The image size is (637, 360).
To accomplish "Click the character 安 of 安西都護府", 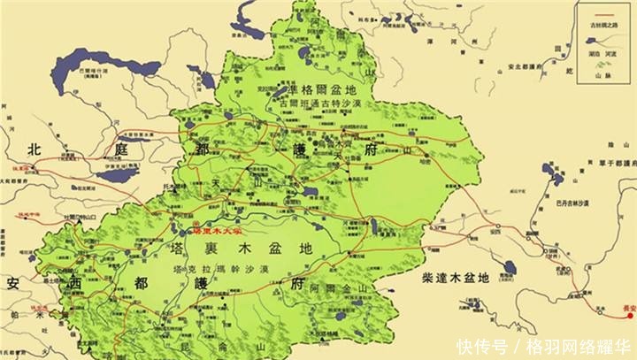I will (13, 283).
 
